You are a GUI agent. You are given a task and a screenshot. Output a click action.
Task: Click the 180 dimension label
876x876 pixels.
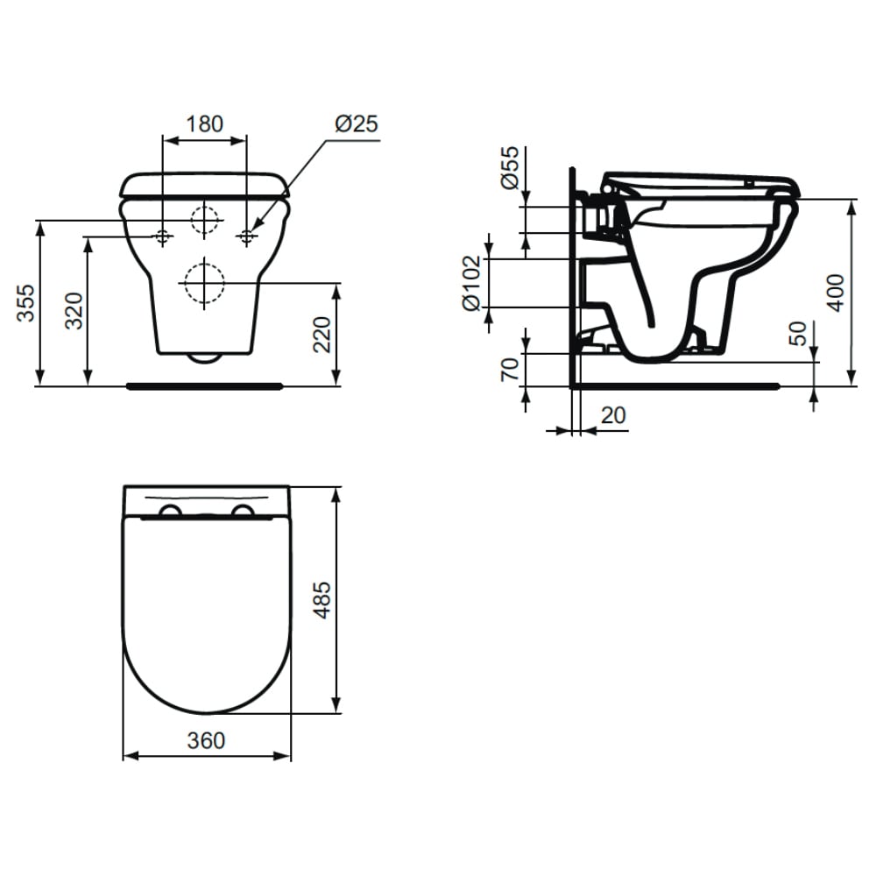pos(204,124)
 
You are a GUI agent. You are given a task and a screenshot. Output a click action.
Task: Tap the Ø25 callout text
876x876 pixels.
pos(357,124)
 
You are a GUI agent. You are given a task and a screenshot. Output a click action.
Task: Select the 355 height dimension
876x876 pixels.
pos(26,303)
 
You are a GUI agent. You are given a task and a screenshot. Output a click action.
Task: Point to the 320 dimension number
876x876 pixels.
pos(74,311)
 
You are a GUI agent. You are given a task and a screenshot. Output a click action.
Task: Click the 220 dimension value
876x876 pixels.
pos(321,334)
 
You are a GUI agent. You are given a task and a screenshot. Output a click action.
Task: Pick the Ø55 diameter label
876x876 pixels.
pos(510,167)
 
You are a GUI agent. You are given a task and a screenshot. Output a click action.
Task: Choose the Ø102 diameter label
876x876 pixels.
pos(471,283)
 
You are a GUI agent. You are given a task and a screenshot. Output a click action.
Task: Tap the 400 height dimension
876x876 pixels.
pos(837,293)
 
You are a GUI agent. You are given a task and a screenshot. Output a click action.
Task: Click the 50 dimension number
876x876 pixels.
pos(800,334)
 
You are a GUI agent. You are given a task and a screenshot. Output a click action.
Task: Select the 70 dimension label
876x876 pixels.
pos(510,370)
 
